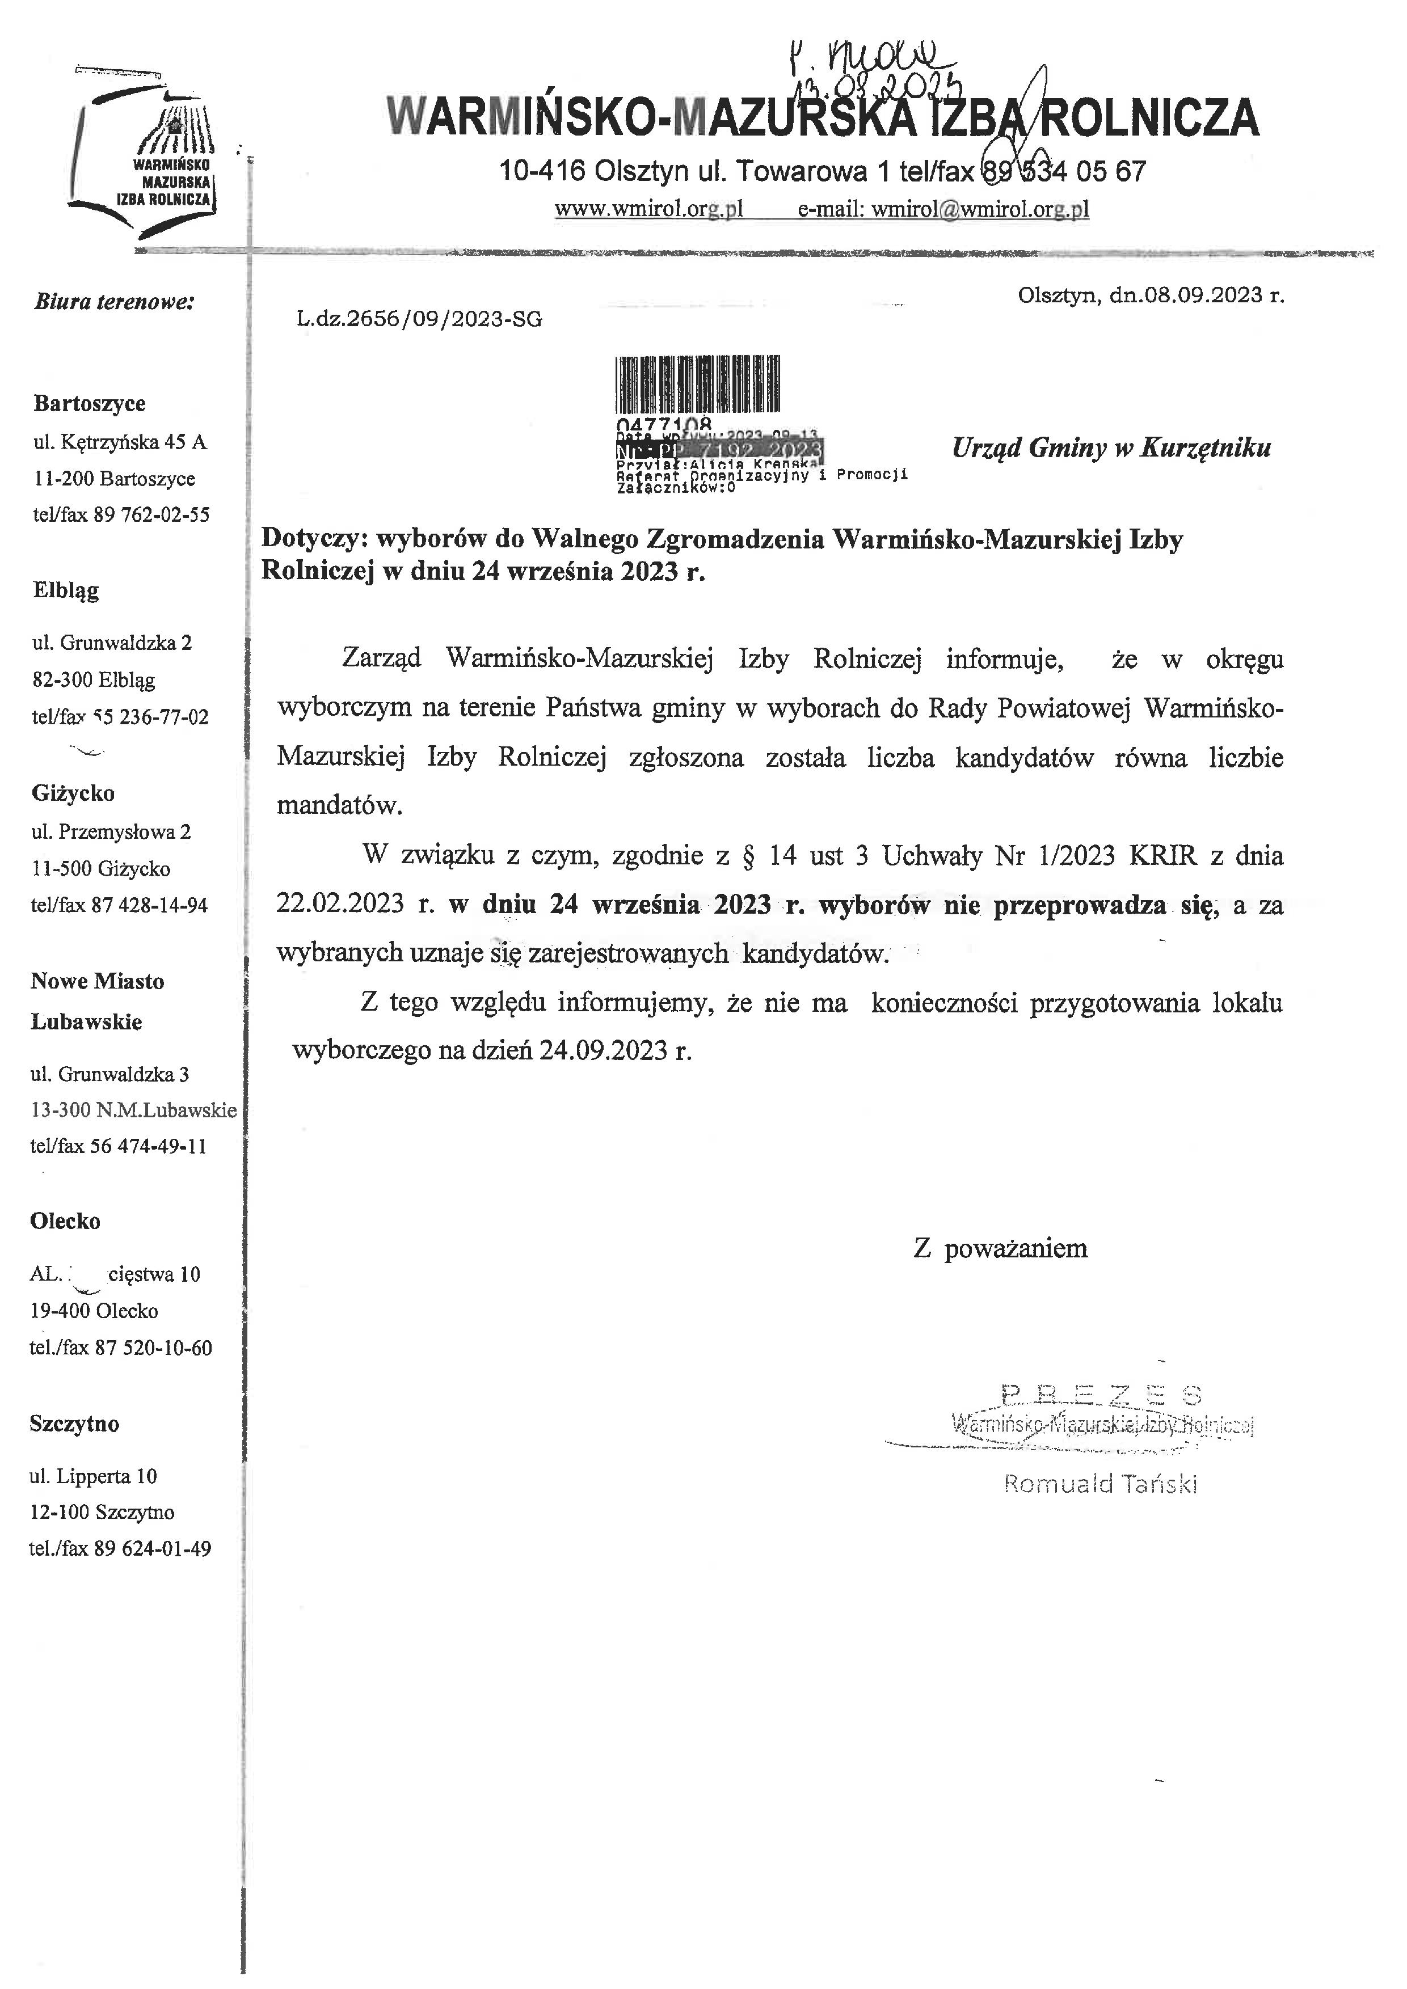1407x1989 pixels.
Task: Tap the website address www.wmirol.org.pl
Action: click(649, 209)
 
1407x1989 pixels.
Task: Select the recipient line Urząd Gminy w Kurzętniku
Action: click(1111, 448)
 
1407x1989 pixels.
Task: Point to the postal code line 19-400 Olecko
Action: click(94, 1311)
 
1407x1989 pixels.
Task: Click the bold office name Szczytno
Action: click(74, 1424)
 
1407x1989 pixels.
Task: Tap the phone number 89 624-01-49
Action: click(153, 1548)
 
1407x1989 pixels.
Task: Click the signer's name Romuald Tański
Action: click(1100, 1484)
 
